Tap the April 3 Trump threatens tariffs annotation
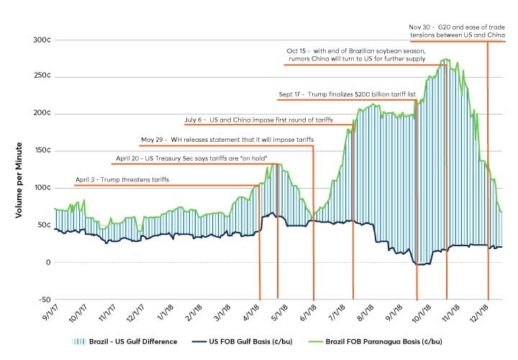tap(122, 179)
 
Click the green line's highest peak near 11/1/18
tap(447, 60)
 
